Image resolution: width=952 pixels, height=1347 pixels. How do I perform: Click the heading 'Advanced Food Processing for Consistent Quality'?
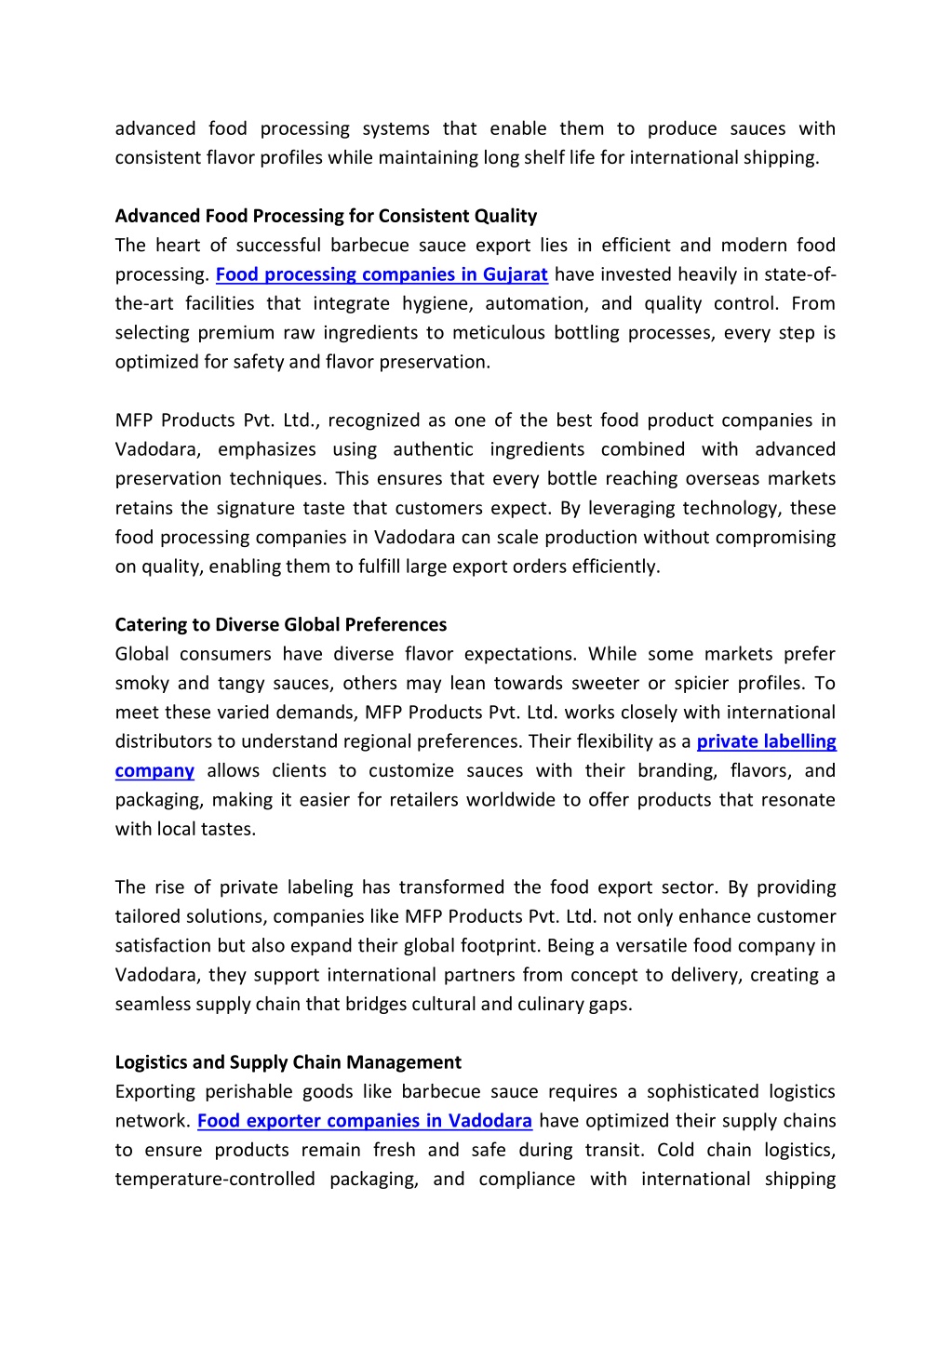click(x=326, y=216)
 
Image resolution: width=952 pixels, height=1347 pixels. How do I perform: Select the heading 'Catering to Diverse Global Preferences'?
click(x=280, y=624)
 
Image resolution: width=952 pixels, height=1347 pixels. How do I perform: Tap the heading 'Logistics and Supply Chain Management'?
click(x=288, y=1062)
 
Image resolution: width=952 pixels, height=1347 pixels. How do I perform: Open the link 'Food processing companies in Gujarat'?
click(x=382, y=274)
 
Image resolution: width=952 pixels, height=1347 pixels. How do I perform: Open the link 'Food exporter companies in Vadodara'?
click(x=365, y=1121)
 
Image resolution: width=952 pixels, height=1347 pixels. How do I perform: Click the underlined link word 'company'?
click(x=154, y=771)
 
